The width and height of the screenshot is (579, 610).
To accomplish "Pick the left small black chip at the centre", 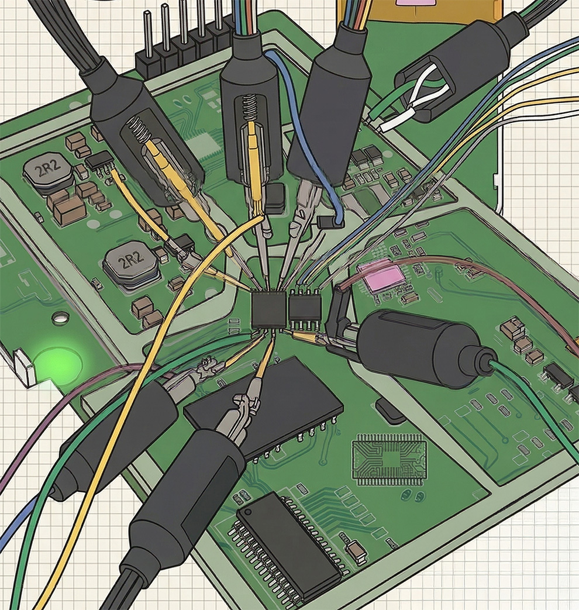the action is coord(268,309).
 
